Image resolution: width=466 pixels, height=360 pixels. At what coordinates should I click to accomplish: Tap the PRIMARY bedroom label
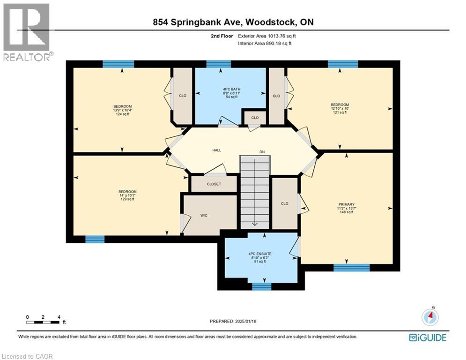pyautogui.click(x=346, y=208)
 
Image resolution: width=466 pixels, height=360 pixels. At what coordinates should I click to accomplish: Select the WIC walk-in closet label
pyautogui.click(x=204, y=215)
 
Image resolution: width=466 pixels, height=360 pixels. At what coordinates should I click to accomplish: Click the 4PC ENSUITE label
pyautogui.click(x=260, y=257)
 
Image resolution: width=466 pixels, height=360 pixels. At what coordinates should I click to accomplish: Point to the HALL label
pyautogui.click(x=216, y=150)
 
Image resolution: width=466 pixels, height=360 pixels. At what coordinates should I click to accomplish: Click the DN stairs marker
pyautogui.click(x=263, y=151)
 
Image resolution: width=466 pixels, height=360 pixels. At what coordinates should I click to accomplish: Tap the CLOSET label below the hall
pyautogui.click(x=214, y=184)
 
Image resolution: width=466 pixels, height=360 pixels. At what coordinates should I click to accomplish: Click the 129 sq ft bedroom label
pyautogui.click(x=127, y=195)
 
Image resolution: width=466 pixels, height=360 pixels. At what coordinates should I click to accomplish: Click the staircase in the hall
pyautogui.click(x=255, y=192)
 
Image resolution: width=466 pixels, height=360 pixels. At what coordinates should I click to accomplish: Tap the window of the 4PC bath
pyautogui.click(x=218, y=64)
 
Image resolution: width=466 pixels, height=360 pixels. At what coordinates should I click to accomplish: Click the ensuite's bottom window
pyautogui.click(x=261, y=286)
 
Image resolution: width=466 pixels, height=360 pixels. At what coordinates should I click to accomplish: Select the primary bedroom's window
pyautogui.click(x=351, y=268)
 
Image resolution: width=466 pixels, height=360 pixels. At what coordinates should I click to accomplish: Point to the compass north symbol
pyautogui.click(x=430, y=317)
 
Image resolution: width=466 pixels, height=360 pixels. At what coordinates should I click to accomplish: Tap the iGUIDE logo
pyautogui.click(x=427, y=337)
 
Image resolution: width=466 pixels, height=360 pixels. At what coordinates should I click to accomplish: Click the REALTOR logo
pyautogui.click(x=27, y=32)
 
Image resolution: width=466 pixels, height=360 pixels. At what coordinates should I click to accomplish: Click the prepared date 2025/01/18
pyautogui.click(x=234, y=321)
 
